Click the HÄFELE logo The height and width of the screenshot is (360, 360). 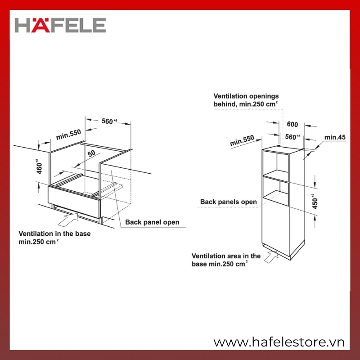(60, 25)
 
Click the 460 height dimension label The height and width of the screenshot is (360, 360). (39, 166)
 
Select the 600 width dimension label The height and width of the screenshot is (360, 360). (292, 124)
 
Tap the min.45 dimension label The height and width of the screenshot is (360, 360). (335, 137)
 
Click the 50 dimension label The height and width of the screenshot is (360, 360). (91, 153)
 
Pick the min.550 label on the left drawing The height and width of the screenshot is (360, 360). (68, 134)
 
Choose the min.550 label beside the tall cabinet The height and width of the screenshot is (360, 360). (242, 140)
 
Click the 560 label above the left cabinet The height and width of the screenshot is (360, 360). (109, 121)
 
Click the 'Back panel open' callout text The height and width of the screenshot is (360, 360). (152, 222)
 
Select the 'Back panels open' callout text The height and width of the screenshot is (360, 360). (229, 202)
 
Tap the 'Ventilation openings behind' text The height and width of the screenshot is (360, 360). (246, 100)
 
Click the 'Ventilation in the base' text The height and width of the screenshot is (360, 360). (54, 234)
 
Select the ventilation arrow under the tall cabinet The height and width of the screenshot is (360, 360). (271, 256)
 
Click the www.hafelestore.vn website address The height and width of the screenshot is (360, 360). (279, 342)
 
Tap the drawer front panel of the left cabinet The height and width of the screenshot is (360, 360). (74, 202)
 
